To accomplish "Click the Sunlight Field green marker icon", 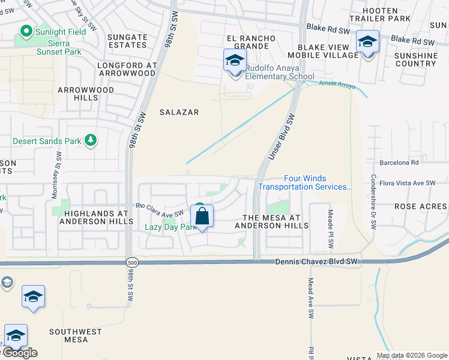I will [x=26, y=31].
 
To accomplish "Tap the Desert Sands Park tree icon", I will [x=91, y=141].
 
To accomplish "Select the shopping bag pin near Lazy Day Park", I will [x=202, y=216].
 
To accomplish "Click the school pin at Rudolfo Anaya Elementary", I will [x=235, y=61].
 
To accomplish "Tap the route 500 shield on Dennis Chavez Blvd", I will [x=131, y=262].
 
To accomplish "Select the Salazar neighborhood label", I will [x=179, y=112].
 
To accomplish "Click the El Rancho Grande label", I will [x=251, y=42].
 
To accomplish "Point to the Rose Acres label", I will [x=420, y=206].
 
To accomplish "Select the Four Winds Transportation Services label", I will [x=305, y=182].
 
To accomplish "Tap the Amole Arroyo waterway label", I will [x=337, y=86].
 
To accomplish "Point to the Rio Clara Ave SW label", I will [x=159, y=209].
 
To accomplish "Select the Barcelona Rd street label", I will [x=399, y=162].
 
